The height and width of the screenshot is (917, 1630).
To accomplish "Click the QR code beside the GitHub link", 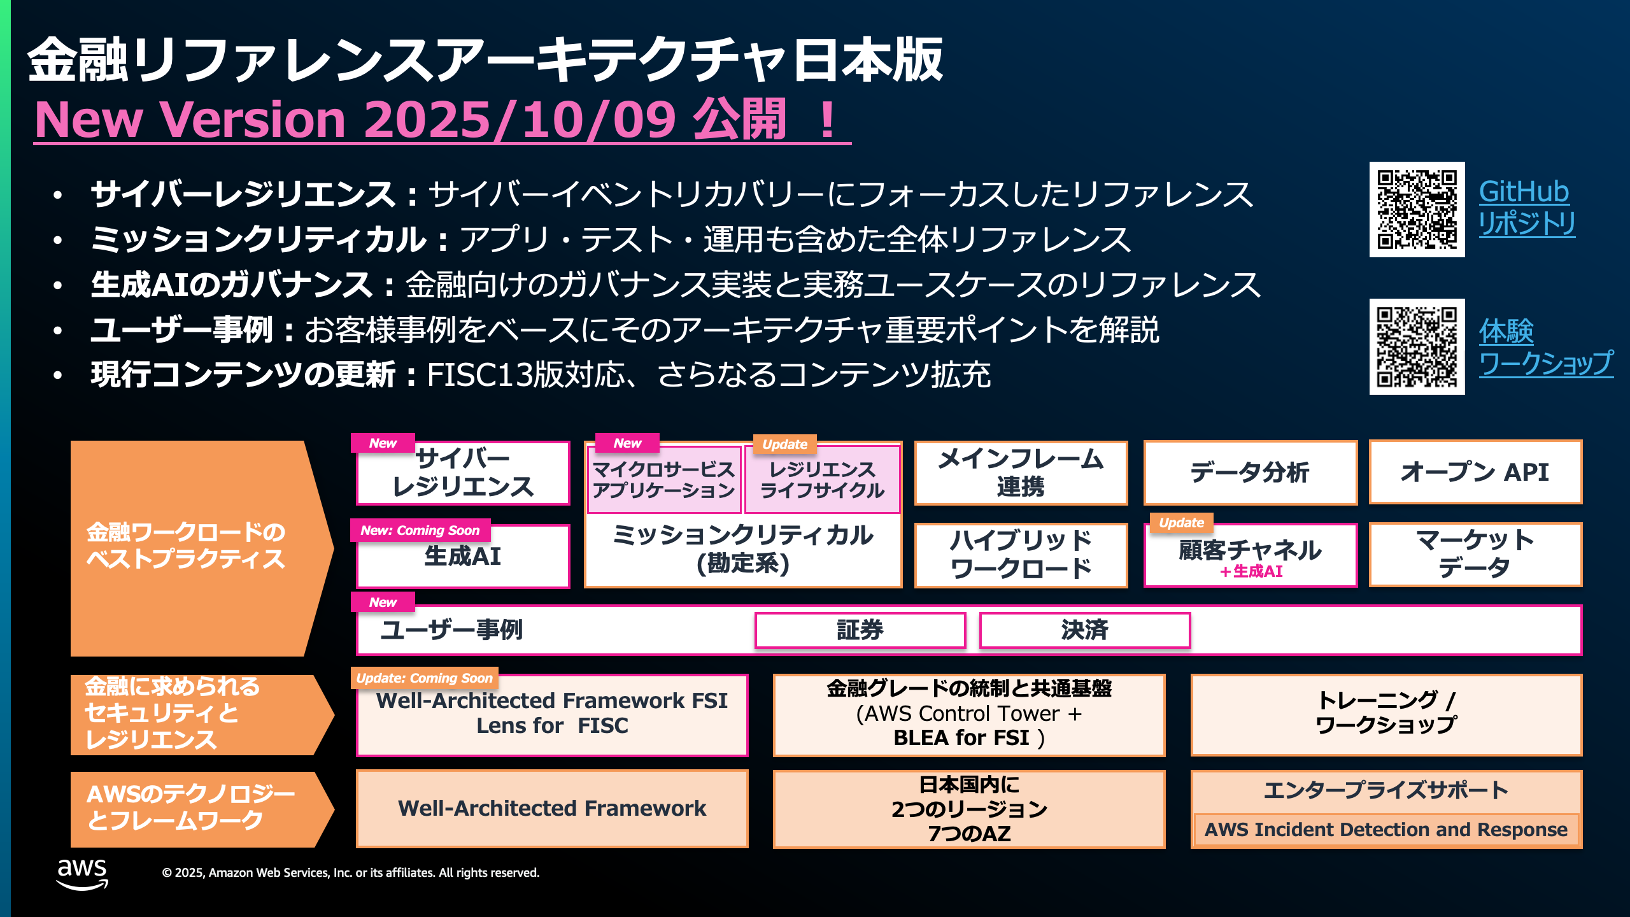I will [1417, 210].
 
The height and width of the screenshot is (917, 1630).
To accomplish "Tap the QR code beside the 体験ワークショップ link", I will [1417, 346].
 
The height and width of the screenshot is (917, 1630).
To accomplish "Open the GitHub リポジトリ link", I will [1526, 208].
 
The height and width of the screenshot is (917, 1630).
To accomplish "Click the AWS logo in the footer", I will [82, 874].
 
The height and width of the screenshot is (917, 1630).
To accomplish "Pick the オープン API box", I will [1475, 473].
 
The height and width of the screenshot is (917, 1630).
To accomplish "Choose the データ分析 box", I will [1250, 473].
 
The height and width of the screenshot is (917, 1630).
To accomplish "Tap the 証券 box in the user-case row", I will [860, 630].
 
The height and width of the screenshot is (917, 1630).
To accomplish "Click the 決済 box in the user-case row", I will [1084, 630].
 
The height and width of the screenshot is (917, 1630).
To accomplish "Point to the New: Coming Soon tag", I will [420, 530].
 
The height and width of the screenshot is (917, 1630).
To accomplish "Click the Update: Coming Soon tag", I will [425, 678].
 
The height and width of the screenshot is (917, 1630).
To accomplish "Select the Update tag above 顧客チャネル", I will [1181, 523].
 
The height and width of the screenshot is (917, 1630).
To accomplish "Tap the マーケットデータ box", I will [1475, 554].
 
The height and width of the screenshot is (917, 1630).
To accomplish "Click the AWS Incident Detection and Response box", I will [1385, 830].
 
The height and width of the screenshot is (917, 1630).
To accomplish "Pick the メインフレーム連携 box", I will [1021, 473].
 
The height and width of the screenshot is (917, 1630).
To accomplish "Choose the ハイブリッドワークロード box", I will [1021, 555].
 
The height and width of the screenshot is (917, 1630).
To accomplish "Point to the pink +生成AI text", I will [1251, 571].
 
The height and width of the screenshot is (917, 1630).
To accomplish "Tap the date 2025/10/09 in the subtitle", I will [520, 120].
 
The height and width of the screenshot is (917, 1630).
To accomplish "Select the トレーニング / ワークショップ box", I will [1386, 714].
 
